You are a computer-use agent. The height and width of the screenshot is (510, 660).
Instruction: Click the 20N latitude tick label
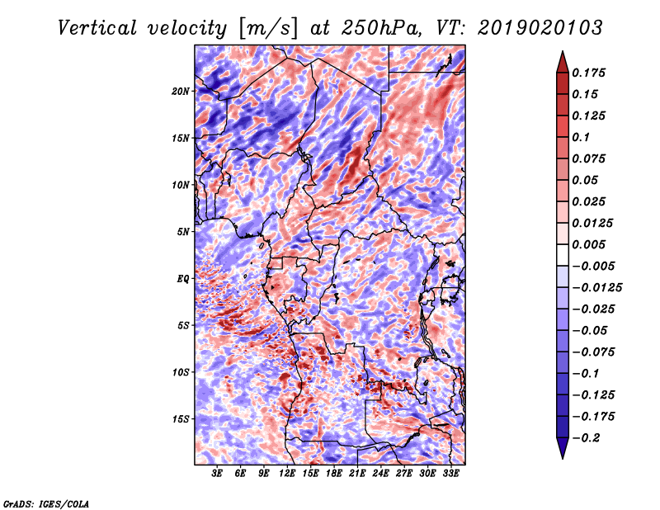(x=181, y=92)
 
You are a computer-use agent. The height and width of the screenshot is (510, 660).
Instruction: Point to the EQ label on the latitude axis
(x=183, y=279)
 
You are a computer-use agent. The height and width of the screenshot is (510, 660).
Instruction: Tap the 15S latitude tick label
(x=181, y=419)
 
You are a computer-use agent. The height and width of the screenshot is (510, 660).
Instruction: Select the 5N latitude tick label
(x=183, y=232)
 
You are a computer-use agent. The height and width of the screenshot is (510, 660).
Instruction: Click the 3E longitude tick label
(x=217, y=474)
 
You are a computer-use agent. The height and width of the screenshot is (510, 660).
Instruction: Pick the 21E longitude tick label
(x=357, y=474)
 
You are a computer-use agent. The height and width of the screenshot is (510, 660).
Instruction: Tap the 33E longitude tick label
(x=450, y=474)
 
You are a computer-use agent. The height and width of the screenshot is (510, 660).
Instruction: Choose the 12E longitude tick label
(x=287, y=474)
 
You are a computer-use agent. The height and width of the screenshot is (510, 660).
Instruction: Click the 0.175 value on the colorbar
(x=588, y=73)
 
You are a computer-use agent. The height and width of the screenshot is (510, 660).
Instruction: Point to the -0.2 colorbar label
(x=586, y=438)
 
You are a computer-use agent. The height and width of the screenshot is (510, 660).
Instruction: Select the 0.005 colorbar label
(x=588, y=244)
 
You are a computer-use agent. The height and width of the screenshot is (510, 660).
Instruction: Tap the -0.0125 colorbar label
(x=596, y=288)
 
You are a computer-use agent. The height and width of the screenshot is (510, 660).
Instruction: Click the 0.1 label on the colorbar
(x=581, y=137)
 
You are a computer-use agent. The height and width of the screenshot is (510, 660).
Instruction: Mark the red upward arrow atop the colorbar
(x=563, y=62)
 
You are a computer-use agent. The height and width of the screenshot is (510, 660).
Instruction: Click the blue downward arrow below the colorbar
(x=563, y=448)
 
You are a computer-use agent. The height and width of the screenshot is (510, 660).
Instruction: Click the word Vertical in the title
(x=97, y=28)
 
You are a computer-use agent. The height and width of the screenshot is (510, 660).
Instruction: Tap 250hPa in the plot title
(x=380, y=28)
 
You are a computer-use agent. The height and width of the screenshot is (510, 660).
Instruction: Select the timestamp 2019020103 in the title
(x=540, y=28)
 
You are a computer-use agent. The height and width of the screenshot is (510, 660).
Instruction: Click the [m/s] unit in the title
(x=268, y=29)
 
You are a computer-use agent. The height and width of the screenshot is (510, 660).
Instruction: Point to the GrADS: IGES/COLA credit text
(x=46, y=503)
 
